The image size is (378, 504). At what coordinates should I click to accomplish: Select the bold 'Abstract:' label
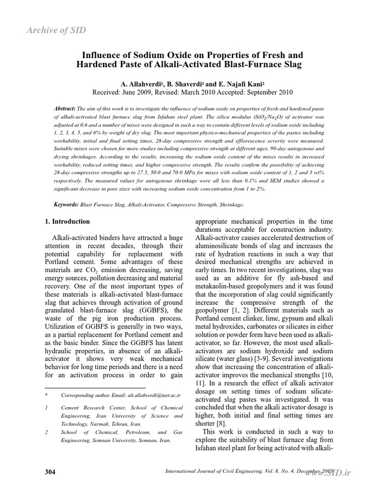click(64, 108)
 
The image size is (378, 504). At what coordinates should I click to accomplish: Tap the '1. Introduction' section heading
click(67, 221)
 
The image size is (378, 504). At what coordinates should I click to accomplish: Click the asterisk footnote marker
click(46, 395)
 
